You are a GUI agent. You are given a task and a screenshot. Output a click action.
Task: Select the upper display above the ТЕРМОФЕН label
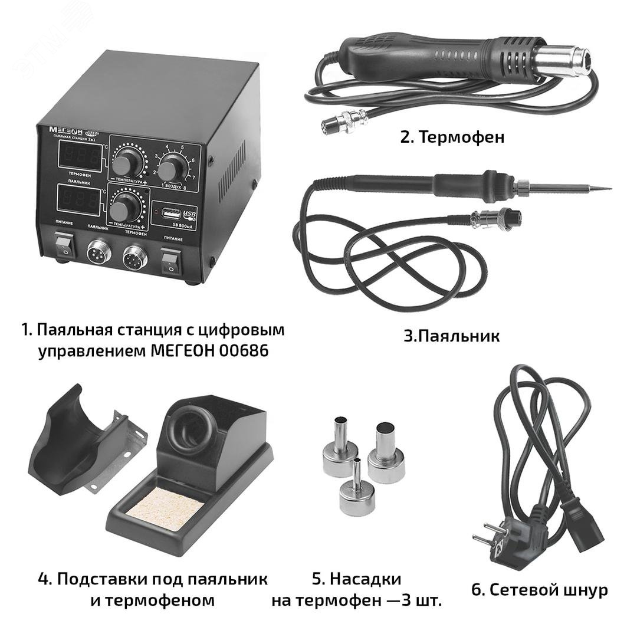[x=79, y=156]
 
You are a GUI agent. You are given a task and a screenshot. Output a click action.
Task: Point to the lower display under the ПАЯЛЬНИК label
[x=79, y=202]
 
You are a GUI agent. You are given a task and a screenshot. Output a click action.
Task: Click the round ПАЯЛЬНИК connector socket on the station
[x=98, y=256]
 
